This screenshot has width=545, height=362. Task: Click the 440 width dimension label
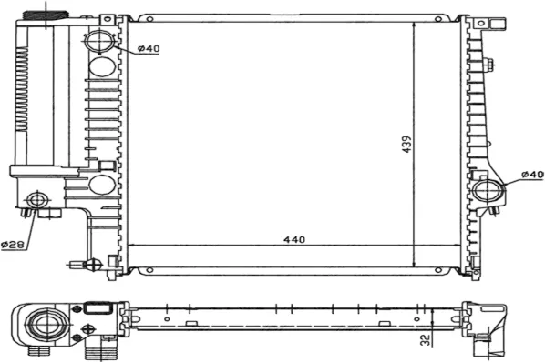pos(294,239)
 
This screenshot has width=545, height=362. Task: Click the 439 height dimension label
pos(406,144)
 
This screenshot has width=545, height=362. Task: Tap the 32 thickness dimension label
pos(425,340)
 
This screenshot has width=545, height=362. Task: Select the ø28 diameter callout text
pos(13,245)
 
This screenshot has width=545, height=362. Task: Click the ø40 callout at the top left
pos(149,48)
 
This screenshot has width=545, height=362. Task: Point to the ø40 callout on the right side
pos(532,175)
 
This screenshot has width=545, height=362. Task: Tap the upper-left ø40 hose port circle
pos(100,41)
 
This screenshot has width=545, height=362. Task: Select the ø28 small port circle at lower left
pos(36,200)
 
